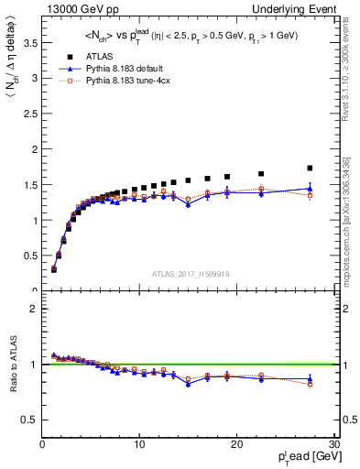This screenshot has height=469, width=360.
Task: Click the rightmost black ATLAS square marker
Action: [x=310, y=168]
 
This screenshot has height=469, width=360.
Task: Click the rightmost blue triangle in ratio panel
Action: [x=310, y=378]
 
